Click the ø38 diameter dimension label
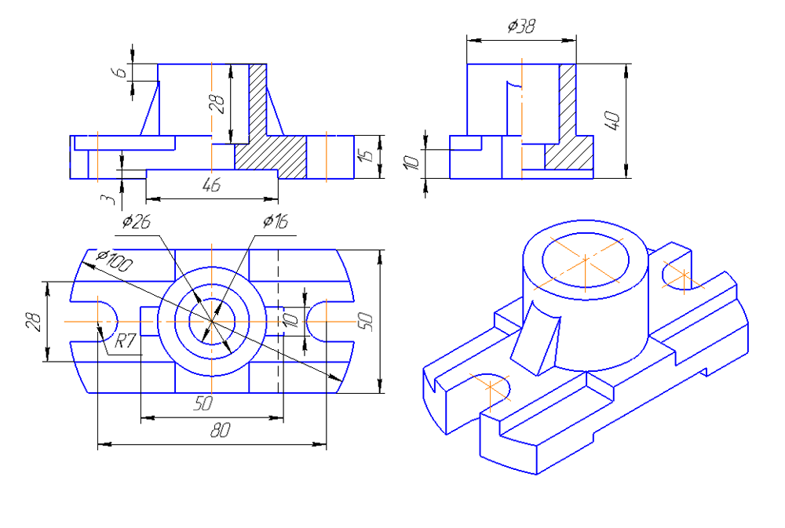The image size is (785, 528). click(521, 26)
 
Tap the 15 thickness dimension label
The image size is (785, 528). click(366, 156)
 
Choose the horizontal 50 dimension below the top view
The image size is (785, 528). click(203, 405)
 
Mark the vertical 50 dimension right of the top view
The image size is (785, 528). click(366, 322)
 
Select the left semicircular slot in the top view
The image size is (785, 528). click(104, 322)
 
